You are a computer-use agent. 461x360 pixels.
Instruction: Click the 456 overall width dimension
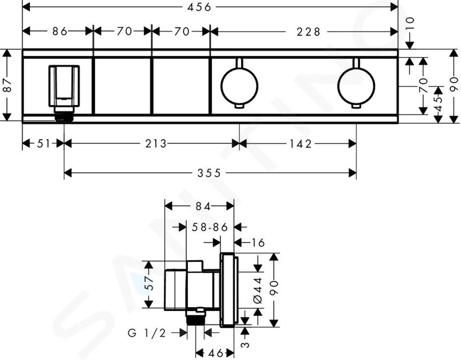(199, 7)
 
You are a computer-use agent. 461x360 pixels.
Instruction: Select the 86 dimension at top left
(60, 31)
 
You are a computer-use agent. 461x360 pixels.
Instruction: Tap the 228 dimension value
(308, 32)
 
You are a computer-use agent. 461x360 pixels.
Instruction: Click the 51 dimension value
(44, 144)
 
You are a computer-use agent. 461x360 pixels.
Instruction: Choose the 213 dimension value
(156, 144)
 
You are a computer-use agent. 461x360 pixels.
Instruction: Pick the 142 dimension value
(300, 144)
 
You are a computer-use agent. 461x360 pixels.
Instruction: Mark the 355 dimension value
(209, 173)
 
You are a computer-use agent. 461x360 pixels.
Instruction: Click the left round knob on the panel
(239, 86)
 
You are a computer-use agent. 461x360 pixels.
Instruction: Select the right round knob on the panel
(356, 86)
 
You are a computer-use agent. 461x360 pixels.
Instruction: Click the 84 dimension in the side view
(203, 206)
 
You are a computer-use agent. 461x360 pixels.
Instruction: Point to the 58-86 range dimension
(210, 227)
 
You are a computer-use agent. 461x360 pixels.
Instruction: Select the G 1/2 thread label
(147, 333)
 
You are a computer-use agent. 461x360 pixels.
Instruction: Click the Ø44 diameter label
(257, 290)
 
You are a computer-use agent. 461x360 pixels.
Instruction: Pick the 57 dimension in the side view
(150, 283)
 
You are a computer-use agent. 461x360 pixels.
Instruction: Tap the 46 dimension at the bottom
(215, 353)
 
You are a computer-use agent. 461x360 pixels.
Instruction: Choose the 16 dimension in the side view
(258, 243)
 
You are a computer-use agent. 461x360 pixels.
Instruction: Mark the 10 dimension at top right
(410, 23)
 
